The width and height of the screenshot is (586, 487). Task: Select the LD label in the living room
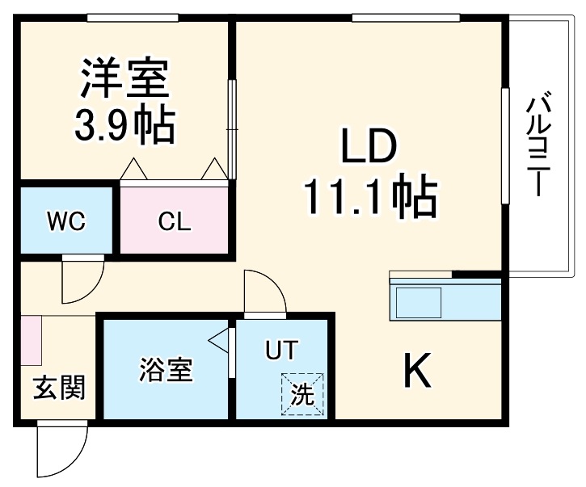point(368,150)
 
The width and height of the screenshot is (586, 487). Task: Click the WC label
point(66,221)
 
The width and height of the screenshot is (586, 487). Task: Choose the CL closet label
point(175,221)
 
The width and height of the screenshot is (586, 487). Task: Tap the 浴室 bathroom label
point(166,372)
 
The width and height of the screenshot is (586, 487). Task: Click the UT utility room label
point(282,351)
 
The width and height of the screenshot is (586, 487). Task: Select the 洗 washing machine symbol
point(301,394)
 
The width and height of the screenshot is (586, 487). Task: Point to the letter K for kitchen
point(417,372)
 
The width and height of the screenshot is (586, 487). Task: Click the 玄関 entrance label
point(58,388)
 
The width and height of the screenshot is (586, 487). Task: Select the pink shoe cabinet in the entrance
point(31,340)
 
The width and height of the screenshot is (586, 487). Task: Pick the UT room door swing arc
point(264,292)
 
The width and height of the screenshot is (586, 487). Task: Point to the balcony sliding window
point(506,145)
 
